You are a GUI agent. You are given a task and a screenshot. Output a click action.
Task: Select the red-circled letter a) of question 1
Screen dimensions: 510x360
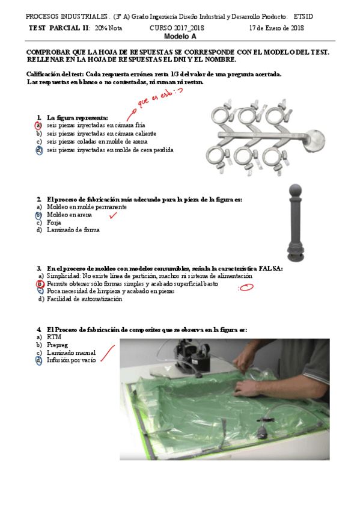pyautogui.click(x=38, y=125)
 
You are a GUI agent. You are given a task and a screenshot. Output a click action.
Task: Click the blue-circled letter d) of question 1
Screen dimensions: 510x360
pyautogui.click(x=38, y=150)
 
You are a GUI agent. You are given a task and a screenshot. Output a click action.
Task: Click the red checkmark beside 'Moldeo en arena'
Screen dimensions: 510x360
pyautogui.click(x=113, y=214)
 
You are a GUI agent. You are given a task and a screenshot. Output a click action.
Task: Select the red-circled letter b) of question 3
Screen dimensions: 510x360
pyautogui.click(x=40, y=283)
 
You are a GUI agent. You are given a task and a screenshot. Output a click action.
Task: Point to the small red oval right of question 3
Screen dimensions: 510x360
pyautogui.click(x=246, y=287)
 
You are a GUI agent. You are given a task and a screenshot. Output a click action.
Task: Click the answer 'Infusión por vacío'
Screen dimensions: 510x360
pyautogui.click(x=71, y=360)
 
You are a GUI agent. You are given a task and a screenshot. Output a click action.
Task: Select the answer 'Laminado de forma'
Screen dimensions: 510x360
pyautogui.click(x=73, y=230)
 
